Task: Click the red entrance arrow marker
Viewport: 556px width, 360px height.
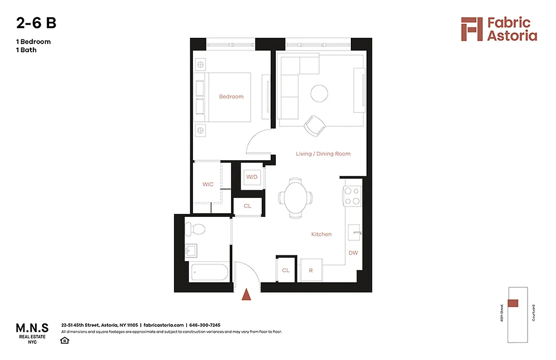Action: pyautogui.click(x=246, y=295)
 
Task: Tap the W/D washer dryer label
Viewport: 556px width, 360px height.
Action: pyautogui.click(x=251, y=177)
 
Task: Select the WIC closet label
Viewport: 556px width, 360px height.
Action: pyautogui.click(x=208, y=184)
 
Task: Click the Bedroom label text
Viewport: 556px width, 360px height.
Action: pyautogui.click(x=231, y=97)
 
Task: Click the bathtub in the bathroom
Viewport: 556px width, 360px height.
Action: pyautogui.click(x=210, y=272)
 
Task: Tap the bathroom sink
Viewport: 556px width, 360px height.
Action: pyautogui.click(x=192, y=251)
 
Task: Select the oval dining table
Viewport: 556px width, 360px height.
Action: pyautogui.click(x=296, y=198)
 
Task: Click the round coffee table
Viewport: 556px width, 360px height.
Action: pyautogui.click(x=319, y=94)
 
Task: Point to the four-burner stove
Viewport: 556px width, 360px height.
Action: pyautogui.click(x=353, y=196)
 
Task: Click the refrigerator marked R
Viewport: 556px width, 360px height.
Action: pyautogui.click(x=311, y=270)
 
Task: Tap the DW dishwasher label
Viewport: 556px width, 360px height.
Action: pyautogui.click(x=353, y=253)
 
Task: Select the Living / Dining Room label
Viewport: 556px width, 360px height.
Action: pyautogui.click(x=323, y=154)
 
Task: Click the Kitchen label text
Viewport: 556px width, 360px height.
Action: pyautogui.click(x=321, y=234)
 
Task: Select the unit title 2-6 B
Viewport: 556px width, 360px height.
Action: pyautogui.click(x=36, y=23)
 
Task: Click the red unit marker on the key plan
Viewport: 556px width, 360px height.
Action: pyautogui.click(x=512, y=303)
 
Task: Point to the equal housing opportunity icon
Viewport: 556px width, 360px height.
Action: pyautogui.click(x=65, y=340)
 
